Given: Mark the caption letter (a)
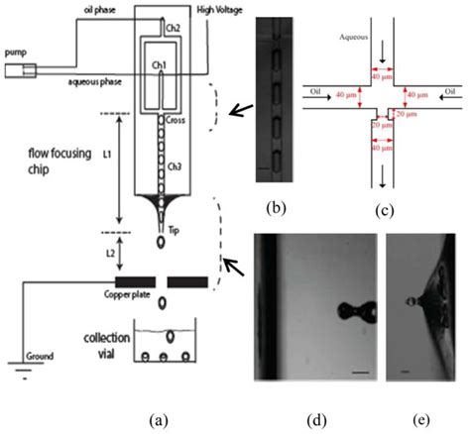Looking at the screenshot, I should [x=155, y=420].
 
